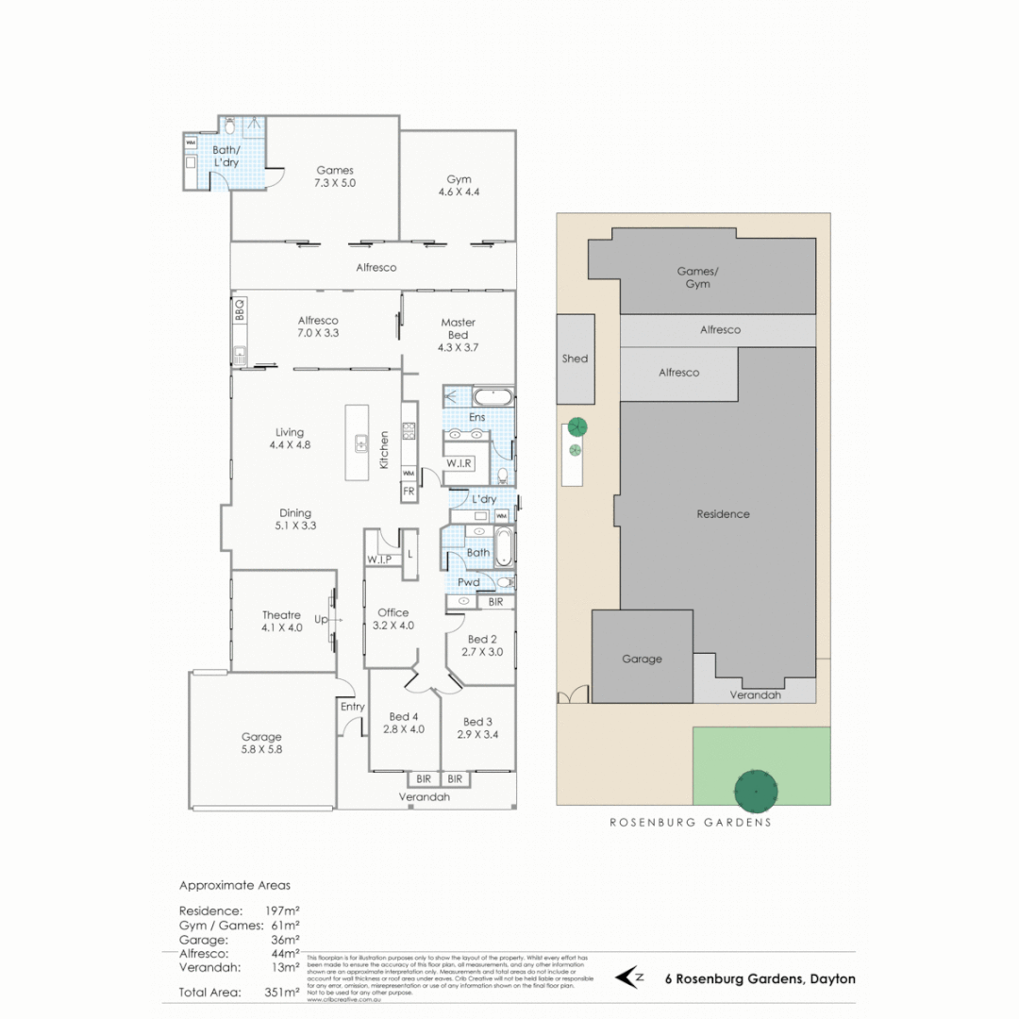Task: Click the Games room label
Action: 335,171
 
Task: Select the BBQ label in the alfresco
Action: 240,309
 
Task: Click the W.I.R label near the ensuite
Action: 459,463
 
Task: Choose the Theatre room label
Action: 281,615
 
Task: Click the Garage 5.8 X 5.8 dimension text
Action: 261,749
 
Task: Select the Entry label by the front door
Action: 352,706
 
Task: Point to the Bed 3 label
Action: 478,721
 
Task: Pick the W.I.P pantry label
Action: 380,560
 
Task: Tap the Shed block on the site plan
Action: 575,359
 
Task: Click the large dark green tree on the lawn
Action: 756,789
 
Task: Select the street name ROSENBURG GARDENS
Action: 690,822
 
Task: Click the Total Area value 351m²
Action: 282,993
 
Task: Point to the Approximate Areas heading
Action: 235,886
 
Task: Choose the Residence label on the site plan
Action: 723,514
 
